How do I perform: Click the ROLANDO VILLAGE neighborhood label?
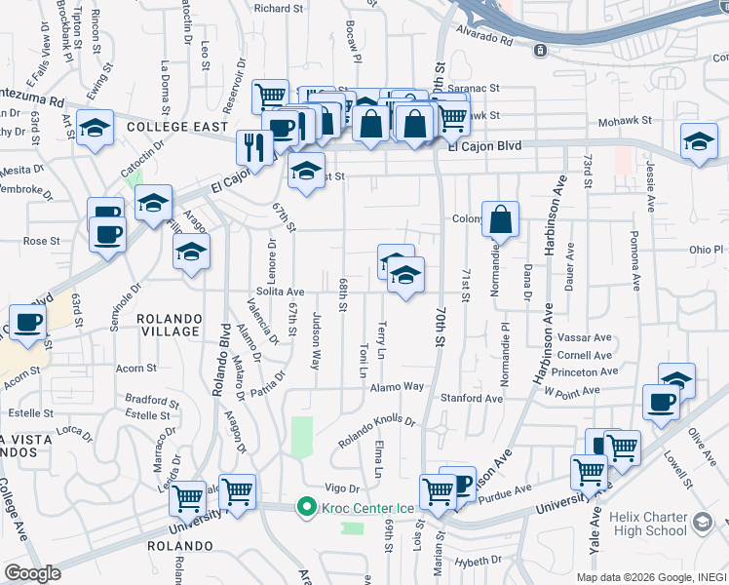coord(169,325)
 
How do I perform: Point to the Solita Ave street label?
coord(282,292)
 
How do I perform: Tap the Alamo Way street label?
coord(397,387)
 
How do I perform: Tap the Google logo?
coord(33,573)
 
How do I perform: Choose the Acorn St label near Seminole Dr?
coord(135,369)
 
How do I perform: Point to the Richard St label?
coord(279,8)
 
